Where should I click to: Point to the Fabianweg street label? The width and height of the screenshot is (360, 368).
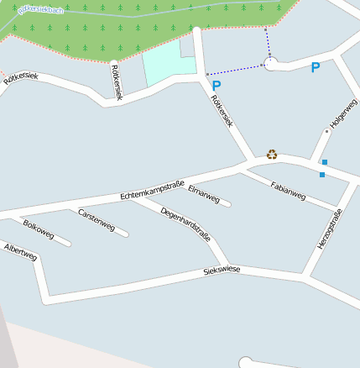(x=288, y=191)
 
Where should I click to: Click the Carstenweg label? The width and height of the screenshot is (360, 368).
(x=96, y=219)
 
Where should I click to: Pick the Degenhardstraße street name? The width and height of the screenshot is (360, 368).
(x=185, y=224)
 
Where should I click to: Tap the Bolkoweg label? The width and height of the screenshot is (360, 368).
(x=39, y=229)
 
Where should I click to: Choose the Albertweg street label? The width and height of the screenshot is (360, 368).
(x=20, y=252)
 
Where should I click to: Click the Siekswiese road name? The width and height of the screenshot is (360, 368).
(x=222, y=271)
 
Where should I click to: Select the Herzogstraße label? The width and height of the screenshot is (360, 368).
(x=329, y=229)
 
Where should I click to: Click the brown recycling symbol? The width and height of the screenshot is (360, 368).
(x=272, y=154)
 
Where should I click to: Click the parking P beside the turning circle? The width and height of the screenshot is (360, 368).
(x=316, y=67)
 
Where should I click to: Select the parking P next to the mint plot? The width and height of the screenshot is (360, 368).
(x=217, y=85)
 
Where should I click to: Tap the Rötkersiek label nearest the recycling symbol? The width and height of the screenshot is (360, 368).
(x=222, y=111)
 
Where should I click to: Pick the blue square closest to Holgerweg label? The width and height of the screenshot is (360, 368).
(x=325, y=161)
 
